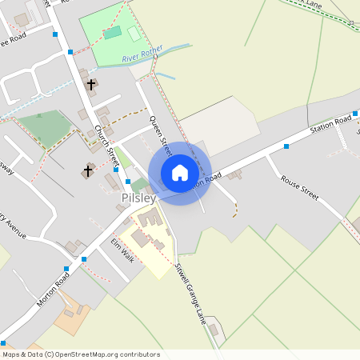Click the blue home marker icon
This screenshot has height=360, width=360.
[x=180, y=173]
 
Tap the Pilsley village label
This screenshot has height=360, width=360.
[x=138, y=197]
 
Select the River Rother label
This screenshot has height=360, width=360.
[x=142, y=54]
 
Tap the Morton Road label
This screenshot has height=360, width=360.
[x=53, y=289]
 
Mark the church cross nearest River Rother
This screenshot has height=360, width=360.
[x=90, y=84]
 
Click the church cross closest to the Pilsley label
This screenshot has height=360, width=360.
[x=87, y=171]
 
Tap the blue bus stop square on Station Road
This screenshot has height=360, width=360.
[x=286, y=146]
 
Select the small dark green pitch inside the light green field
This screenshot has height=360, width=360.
[x=113, y=33]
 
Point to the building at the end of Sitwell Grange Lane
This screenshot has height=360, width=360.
[x=213, y=329]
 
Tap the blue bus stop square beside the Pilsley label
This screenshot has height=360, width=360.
[x=127, y=182]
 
